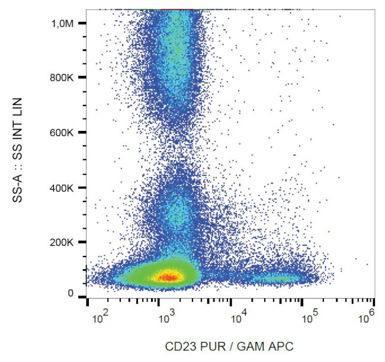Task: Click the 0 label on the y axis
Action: (x=70, y=293)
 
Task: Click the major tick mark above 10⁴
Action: (x=230, y=302)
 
